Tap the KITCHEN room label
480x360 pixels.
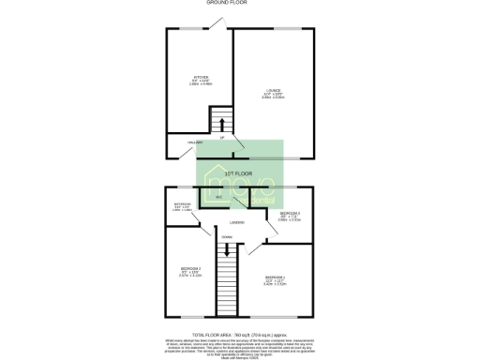[201, 78]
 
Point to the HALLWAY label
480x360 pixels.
[194, 142]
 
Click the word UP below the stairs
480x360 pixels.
[221, 138]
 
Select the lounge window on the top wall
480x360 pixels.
[280, 29]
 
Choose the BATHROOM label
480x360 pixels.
[182, 204]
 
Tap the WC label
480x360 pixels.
[217, 198]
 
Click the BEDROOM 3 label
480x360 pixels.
[290, 214]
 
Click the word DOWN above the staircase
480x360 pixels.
[227, 237]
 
